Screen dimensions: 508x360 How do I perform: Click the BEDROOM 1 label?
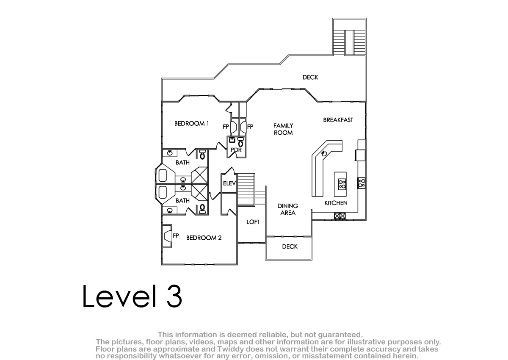(192, 124)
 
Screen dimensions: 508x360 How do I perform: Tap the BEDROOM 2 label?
(204, 238)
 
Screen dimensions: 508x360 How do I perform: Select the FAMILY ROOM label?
(283, 129)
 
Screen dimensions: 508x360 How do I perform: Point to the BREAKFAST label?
(338, 120)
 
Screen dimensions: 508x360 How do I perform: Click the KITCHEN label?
(336, 203)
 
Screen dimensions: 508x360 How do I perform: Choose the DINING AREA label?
(288, 209)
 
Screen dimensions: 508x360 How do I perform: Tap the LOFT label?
(253, 222)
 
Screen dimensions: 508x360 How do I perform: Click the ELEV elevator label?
(229, 183)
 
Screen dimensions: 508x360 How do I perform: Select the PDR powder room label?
(236, 150)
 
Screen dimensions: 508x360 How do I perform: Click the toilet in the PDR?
(240, 142)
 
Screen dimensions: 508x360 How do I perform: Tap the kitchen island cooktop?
(342, 184)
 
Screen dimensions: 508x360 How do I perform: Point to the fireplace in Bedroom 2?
(167, 236)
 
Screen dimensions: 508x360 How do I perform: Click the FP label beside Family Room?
(250, 127)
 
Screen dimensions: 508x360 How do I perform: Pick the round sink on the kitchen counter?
(324, 154)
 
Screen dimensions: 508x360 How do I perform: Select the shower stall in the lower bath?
(199, 192)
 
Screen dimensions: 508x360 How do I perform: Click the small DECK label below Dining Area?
(290, 246)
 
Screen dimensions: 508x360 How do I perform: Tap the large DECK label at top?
(310, 78)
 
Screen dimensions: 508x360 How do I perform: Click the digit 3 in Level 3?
(174, 296)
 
